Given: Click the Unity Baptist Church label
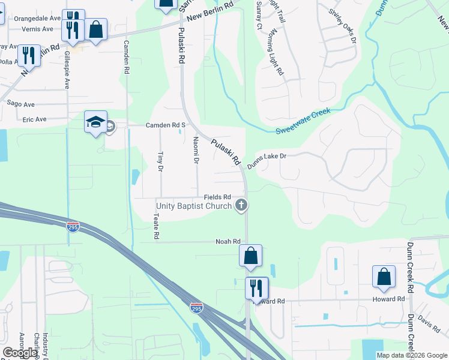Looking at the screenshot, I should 194,206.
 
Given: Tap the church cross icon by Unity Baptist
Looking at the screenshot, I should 241,206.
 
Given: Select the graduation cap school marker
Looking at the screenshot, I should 96,123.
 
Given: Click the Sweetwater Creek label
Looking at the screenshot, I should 303,121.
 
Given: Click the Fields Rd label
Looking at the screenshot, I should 217,197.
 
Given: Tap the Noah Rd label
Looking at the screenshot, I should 228,241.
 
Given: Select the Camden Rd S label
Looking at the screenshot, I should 166,125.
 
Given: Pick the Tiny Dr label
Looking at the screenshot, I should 160,161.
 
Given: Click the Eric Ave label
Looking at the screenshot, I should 34,119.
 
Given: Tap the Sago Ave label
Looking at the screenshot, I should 18,104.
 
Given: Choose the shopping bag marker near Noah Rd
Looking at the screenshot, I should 250,256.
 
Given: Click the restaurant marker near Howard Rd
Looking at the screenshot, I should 256,287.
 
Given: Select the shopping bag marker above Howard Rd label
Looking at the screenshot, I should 384,277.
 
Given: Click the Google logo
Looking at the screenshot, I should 20,353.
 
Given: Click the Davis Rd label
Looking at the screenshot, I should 429,324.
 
